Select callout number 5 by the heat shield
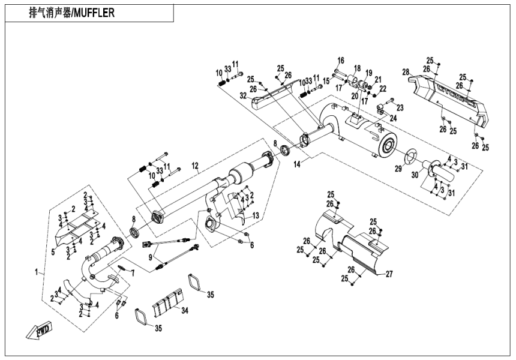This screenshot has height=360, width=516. point(53,252)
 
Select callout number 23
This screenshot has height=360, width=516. point(400,107)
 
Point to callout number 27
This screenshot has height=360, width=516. point(389,274)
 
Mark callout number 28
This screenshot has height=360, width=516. point(406,73)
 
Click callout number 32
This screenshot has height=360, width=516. point(244,95)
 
